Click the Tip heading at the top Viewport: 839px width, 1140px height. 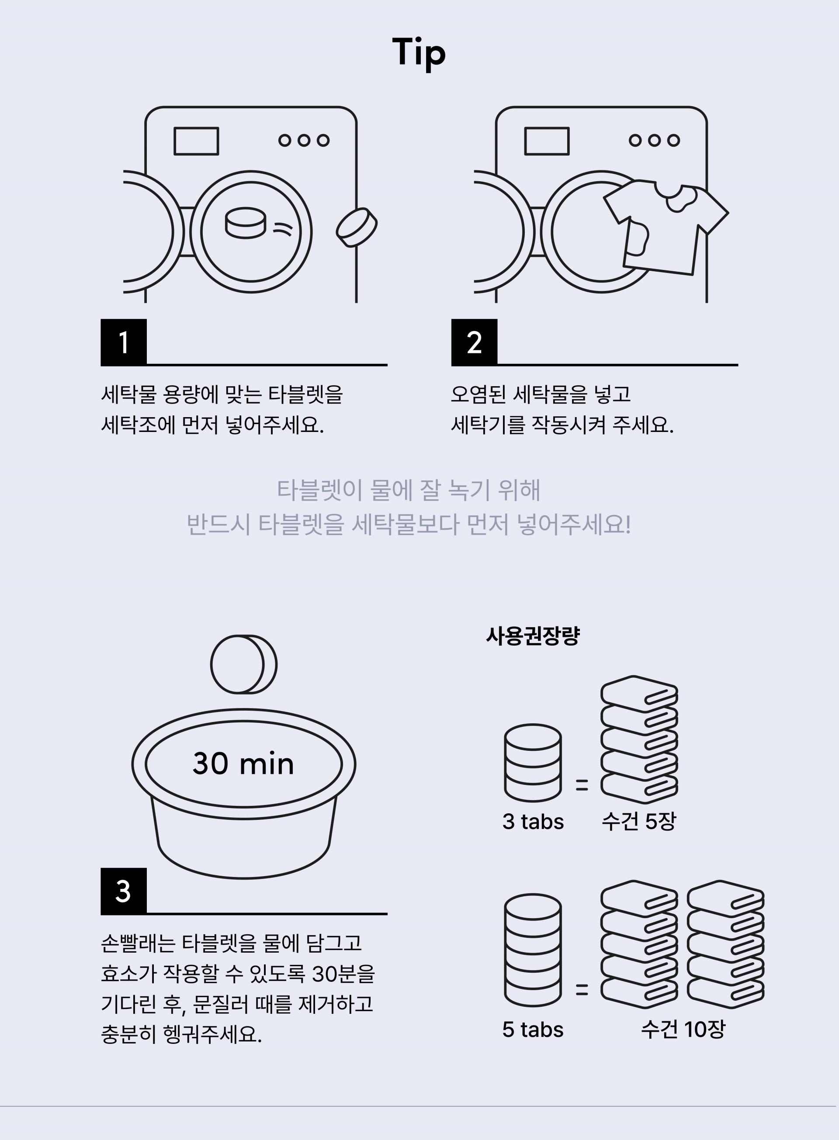click(x=419, y=53)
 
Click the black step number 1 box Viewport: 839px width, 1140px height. click(x=123, y=342)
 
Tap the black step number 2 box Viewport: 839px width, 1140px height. click(x=474, y=342)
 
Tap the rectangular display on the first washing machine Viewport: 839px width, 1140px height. click(x=196, y=141)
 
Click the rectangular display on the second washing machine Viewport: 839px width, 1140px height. click(x=547, y=141)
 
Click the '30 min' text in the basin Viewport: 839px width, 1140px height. click(x=243, y=763)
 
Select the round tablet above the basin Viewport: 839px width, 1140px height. click(x=244, y=664)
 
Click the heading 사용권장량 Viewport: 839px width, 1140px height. click(x=533, y=636)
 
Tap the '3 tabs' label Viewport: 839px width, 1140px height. click(x=533, y=821)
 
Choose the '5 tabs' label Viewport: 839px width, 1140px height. click(x=533, y=1029)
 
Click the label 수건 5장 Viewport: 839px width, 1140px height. click(x=639, y=821)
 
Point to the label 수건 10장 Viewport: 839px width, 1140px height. click(x=683, y=1029)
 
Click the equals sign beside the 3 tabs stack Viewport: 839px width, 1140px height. click(x=582, y=785)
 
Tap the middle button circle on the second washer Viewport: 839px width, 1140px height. click(x=654, y=140)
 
